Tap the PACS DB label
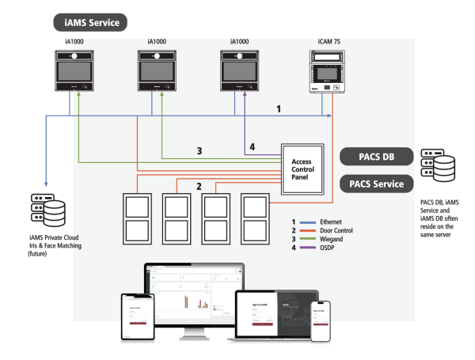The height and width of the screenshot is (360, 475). (x=379, y=155)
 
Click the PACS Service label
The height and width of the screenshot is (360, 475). (x=379, y=184)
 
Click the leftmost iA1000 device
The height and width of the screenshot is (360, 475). (x=75, y=74)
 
